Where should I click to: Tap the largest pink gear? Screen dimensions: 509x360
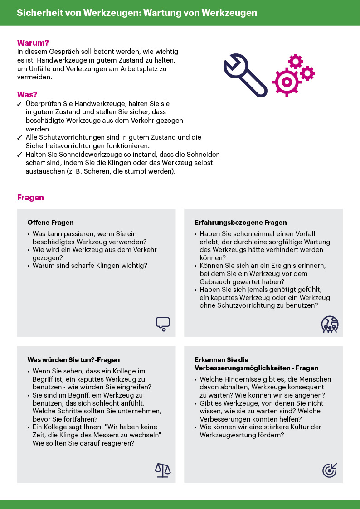(x=286, y=82)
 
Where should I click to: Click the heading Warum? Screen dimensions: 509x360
(x=33, y=44)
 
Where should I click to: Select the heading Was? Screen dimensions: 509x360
(x=27, y=95)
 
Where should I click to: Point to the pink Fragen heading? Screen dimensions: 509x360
(x=30, y=198)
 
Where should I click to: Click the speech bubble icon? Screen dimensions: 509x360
(x=162, y=323)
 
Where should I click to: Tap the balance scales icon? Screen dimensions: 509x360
(x=162, y=470)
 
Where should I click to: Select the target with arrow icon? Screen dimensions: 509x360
(x=330, y=470)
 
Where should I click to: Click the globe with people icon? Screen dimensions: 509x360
(x=330, y=324)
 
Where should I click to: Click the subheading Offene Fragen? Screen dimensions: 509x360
(x=50, y=223)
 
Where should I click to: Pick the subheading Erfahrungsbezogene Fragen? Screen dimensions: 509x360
(x=241, y=223)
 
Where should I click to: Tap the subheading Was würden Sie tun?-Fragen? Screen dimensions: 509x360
(x=73, y=360)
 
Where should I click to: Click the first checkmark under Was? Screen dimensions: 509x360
(x=20, y=104)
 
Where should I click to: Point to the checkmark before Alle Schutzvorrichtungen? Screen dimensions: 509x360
(x=20, y=137)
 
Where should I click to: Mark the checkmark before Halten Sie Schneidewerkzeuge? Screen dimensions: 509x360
(x=20, y=155)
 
